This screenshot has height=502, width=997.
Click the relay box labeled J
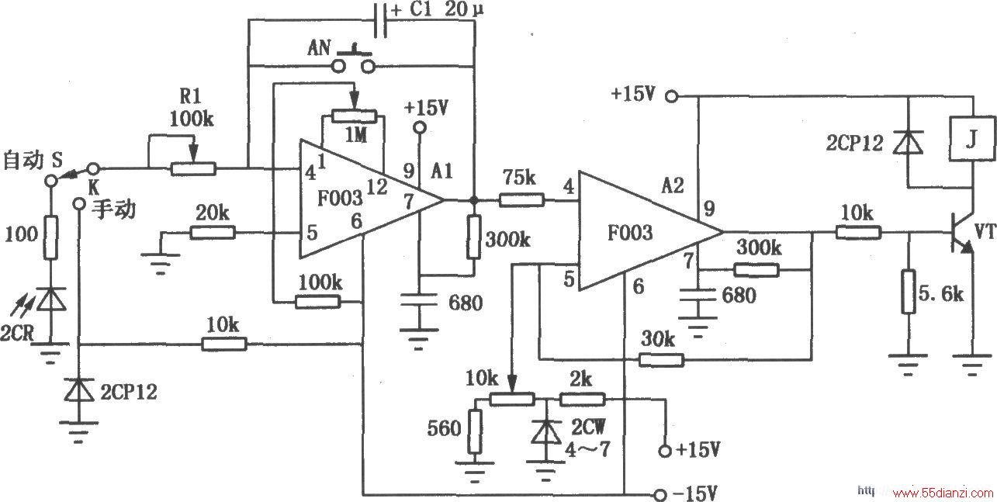[972, 139]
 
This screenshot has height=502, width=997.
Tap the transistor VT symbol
[961, 234]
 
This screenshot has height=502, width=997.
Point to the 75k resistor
[521, 200]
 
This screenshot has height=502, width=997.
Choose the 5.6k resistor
[909, 292]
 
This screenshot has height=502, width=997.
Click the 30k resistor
[661, 359]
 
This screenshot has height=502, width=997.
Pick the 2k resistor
[582, 400]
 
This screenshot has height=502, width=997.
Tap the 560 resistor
[475, 431]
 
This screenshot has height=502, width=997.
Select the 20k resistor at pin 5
[213, 232]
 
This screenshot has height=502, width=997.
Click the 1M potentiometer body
[355, 116]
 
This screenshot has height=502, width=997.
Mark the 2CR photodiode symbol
[50, 299]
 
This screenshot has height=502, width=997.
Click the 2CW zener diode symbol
[546, 431]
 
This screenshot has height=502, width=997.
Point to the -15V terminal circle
[660, 494]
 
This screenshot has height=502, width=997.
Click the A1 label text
[441, 171]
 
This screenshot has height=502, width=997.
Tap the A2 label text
[673, 185]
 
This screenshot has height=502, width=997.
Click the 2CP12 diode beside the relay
[909, 143]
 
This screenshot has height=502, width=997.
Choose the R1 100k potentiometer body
[193, 169]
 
